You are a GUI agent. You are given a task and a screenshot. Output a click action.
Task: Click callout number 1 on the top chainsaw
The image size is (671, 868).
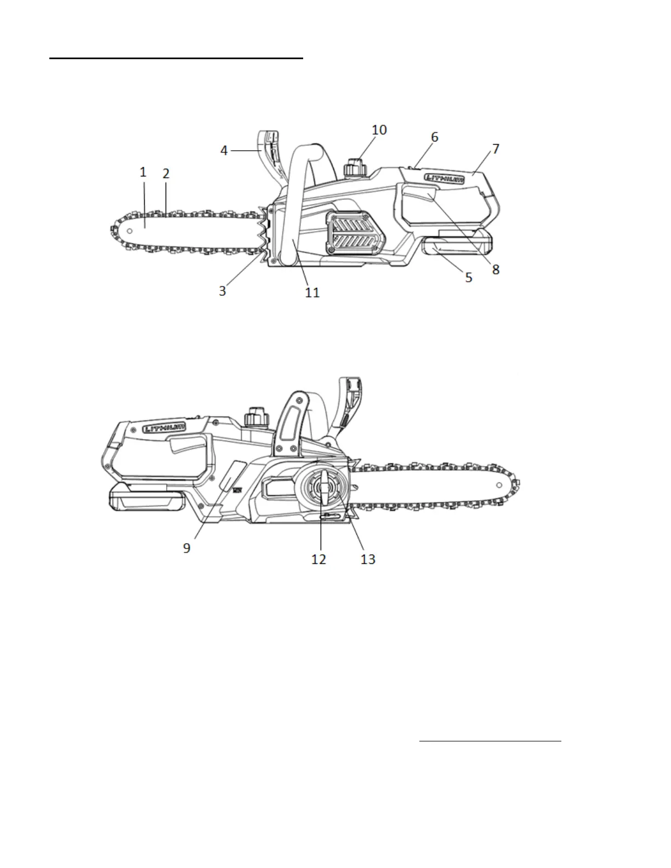click(x=143, y=172)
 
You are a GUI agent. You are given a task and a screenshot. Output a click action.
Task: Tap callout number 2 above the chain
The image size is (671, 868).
click(x=166, y=174)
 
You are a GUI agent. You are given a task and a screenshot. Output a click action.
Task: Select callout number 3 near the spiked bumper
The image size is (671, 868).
click(x=223, y=290)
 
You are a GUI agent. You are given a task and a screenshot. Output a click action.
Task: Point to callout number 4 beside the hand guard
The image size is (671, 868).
click(x=224, y=150)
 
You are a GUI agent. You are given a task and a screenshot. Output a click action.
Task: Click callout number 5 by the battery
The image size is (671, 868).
click(x=468, y=277)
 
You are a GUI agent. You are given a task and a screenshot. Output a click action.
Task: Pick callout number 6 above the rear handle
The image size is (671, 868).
click(x=435, y=137)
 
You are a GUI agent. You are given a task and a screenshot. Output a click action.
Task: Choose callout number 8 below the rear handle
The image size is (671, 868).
click(x=496, y=270)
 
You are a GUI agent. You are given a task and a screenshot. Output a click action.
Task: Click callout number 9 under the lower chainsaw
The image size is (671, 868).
click(x=187, y=547)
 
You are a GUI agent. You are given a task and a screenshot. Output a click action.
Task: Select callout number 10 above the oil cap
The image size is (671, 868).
click(x=379, y=130)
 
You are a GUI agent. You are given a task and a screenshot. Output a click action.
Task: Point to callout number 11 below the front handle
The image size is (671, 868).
click(x=312, y=293)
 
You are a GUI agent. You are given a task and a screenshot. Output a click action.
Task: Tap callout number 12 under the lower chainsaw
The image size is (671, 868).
click(x=319, y=558)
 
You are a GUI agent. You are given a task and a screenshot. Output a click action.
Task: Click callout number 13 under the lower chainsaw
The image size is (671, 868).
click(x=368, y=558)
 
